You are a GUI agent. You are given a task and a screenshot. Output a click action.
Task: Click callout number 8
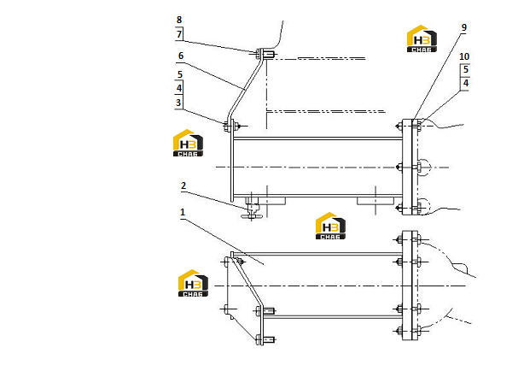tap(179, 20)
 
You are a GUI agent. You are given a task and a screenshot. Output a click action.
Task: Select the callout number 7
tap(179, 34)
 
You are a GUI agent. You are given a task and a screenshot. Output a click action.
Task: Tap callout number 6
tap(181, 56)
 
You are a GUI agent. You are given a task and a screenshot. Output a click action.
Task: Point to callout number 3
tap(178, 103)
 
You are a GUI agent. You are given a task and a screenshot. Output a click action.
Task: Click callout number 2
tap(183, 185)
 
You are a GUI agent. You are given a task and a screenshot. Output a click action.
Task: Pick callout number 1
tap(182, 212)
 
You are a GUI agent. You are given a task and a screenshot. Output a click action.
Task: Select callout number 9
tap(464, 27)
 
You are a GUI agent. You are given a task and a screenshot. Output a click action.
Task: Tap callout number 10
tap(464, 56)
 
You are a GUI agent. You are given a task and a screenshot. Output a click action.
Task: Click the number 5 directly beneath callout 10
tap(466, 69)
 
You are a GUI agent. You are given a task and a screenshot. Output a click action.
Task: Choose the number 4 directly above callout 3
tap(179, 88)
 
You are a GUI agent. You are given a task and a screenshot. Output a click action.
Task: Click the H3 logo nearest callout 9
tap(422, 38)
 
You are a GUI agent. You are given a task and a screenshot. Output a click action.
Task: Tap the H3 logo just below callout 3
tap(188, 143)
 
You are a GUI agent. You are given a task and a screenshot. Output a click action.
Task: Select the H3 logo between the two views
tap(330, 226)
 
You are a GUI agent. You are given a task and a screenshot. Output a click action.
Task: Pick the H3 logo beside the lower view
tap(193, 283)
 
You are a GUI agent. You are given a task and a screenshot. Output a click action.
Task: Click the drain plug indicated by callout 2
tap(252, 209)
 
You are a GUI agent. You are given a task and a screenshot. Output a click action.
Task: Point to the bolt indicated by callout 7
tap(258, 53)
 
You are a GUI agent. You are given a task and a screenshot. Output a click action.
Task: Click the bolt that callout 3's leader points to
tap(227, 127)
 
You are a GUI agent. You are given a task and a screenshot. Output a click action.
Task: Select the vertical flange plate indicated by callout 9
tap(407, 167)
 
